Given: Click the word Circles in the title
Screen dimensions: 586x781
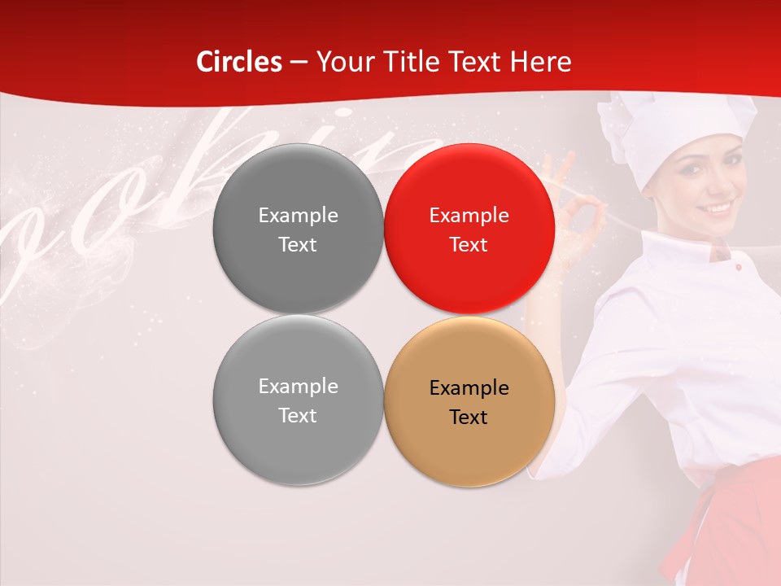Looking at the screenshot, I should (239, 62).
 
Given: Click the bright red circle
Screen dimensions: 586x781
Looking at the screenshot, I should (469, 229).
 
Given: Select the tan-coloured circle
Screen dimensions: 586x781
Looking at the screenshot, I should (469, 401).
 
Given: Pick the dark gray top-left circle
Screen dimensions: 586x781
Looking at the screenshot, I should (298, 229).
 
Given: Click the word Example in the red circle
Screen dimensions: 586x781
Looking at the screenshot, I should (469, 215).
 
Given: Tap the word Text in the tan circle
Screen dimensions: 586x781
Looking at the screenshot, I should (469, 417).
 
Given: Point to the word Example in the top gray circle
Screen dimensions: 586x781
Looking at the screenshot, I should (298, 215).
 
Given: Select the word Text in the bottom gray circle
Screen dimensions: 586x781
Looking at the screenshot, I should (298, 415).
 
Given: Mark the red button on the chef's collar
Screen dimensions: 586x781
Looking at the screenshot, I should (737, 267).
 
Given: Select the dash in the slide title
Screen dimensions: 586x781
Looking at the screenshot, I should (298, 62).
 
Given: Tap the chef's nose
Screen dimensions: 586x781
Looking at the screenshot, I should (716, 186).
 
